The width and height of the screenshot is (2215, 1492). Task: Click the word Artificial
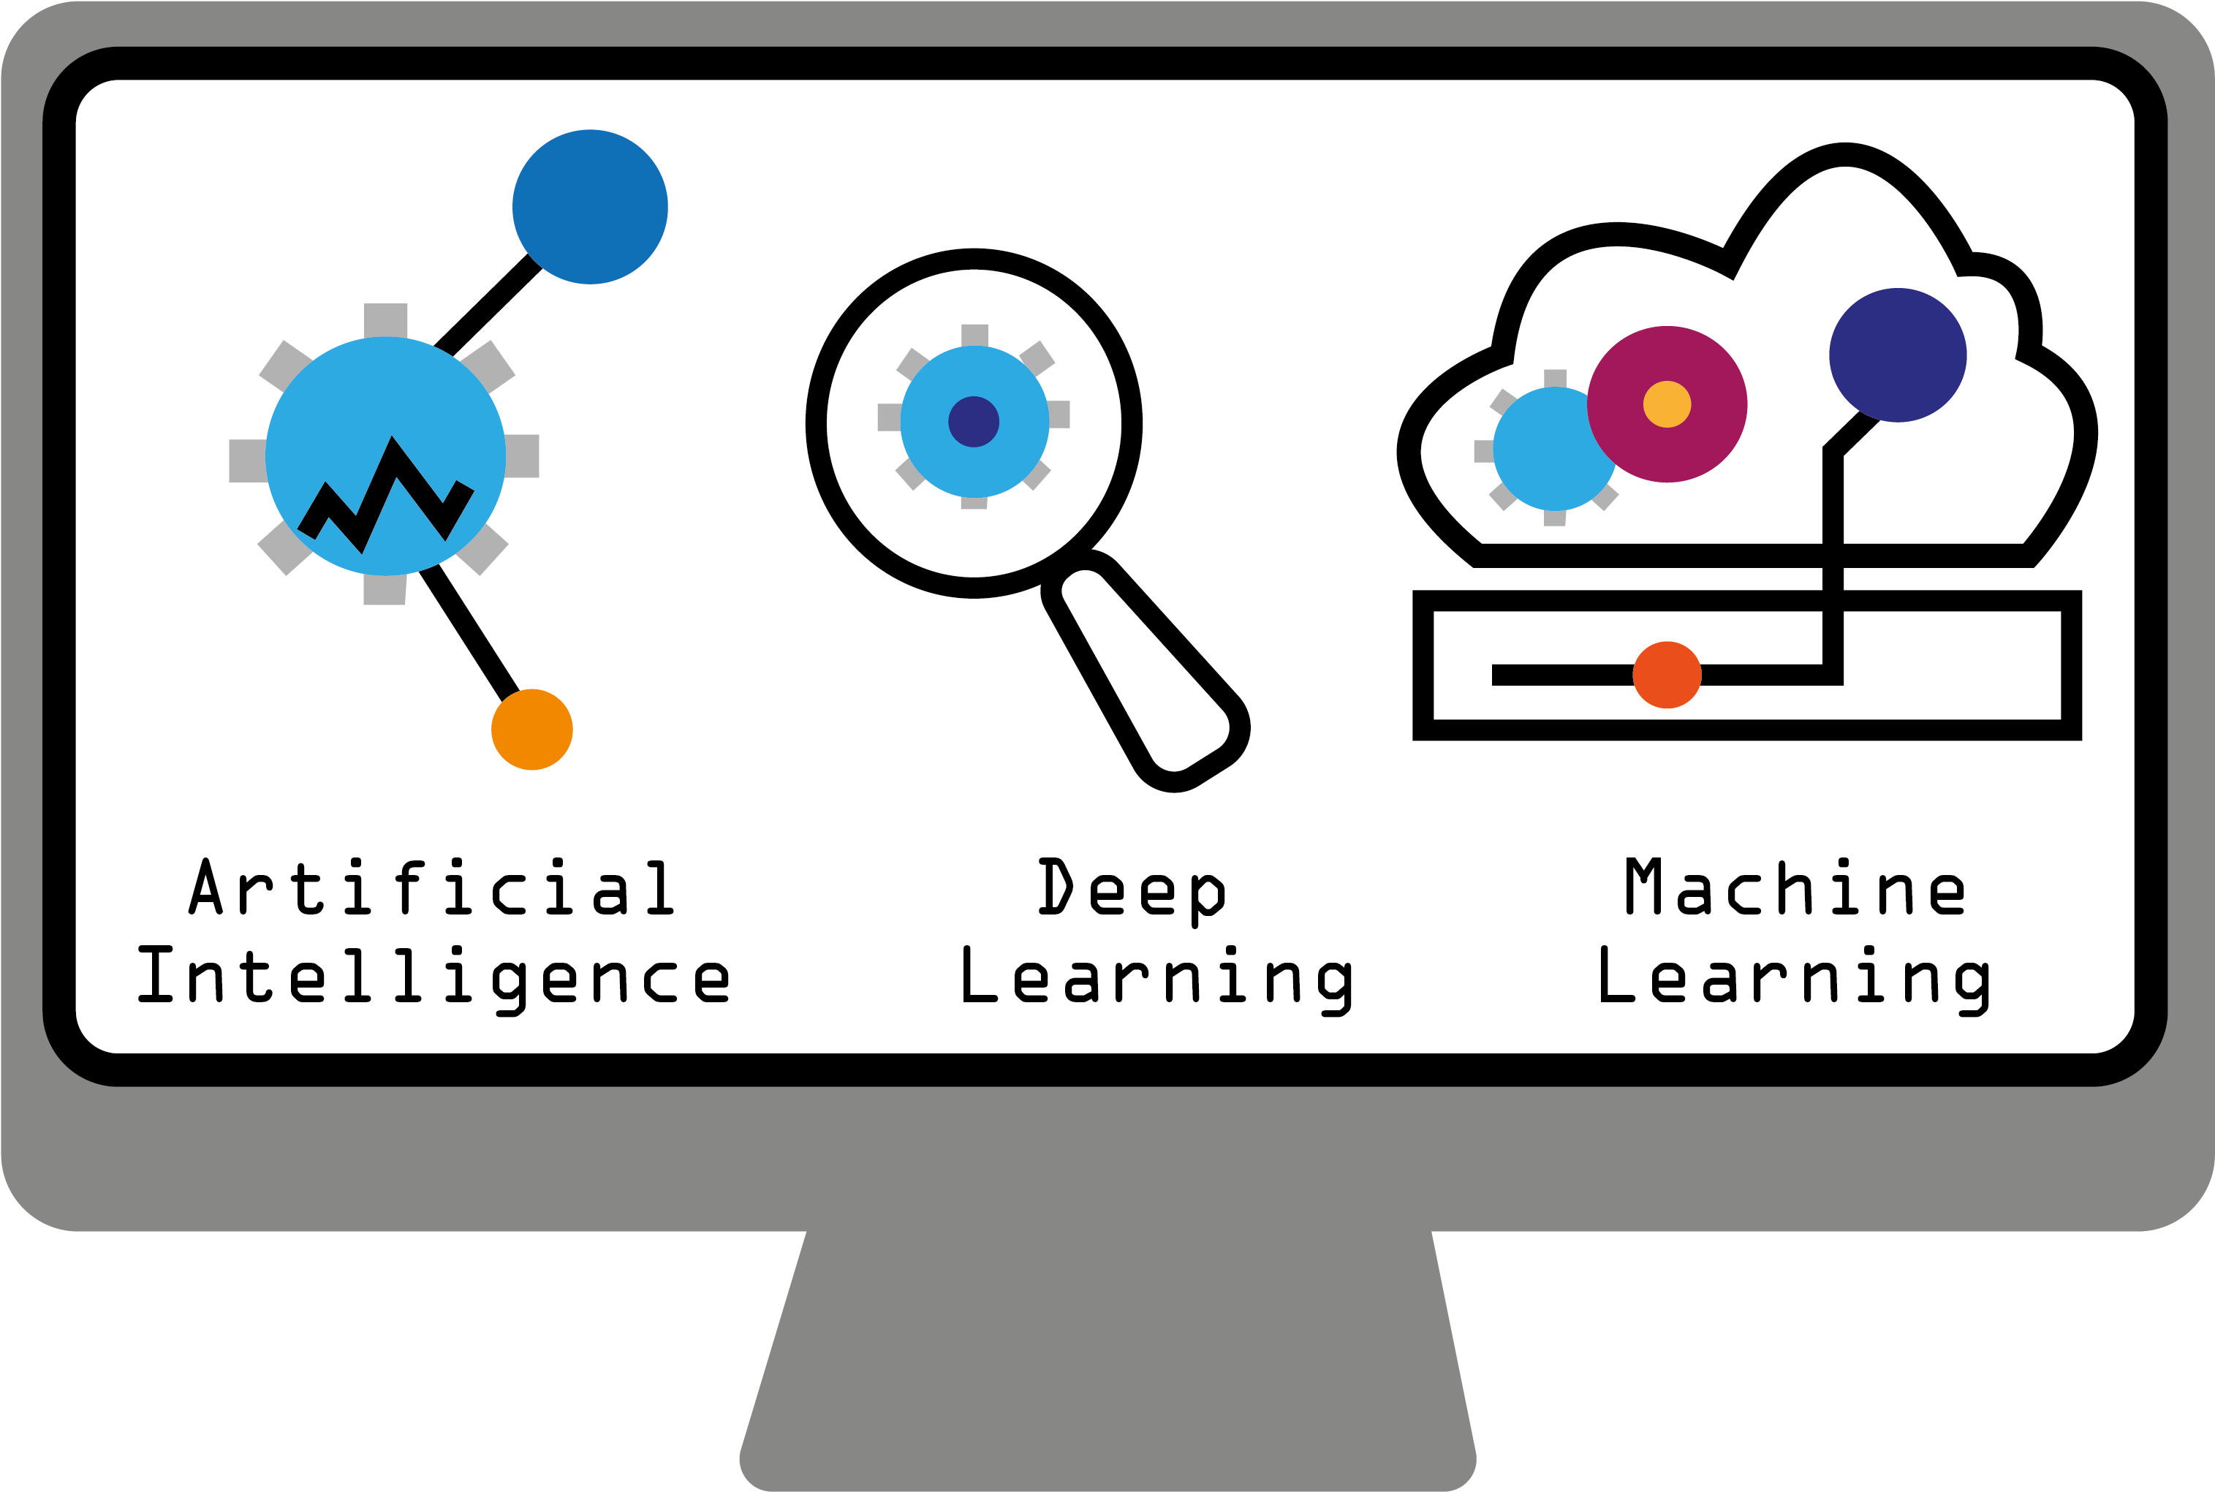(432, 887)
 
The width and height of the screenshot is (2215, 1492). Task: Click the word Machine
(1795, 887)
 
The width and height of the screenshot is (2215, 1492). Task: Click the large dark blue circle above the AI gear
(590, 206)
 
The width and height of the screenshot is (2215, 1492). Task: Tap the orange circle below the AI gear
(532, 729)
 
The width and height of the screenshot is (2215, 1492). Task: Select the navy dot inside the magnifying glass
(973, 422)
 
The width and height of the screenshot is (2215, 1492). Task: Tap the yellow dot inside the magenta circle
(1667, 404)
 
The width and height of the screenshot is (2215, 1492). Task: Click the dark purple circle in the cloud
(1897, 354)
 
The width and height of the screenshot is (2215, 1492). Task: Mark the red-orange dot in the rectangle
(1667, 675)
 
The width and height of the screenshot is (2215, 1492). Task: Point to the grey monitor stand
(1108, 1360)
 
